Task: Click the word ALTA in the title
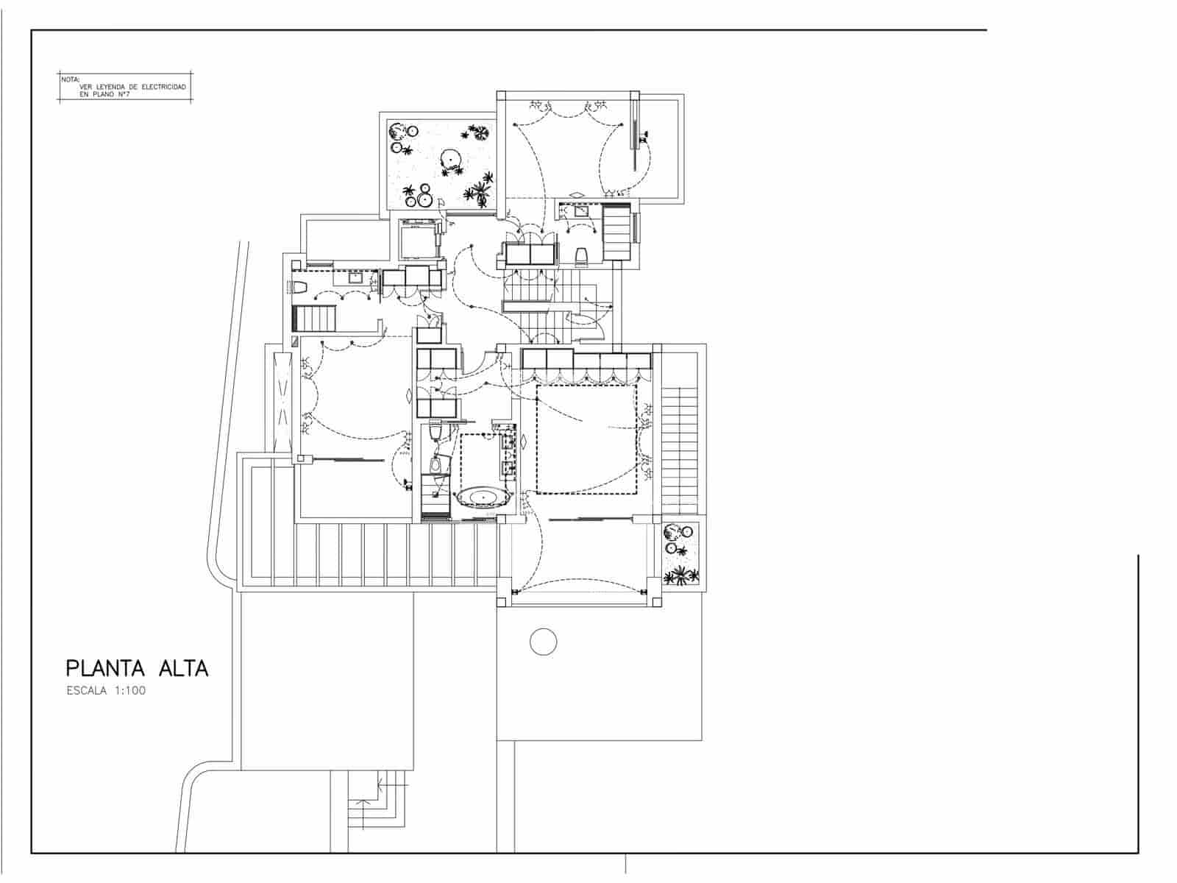182,669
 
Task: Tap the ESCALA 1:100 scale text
106,692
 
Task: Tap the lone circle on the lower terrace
543,642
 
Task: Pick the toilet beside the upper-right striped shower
581,255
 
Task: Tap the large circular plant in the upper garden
448,158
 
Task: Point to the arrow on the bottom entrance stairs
380,784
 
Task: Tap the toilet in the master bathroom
435,429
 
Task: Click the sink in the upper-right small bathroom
580,211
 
